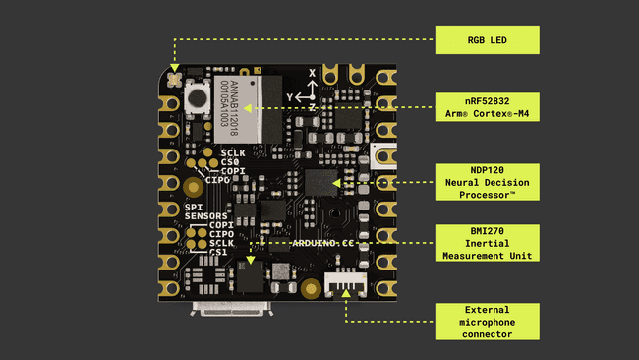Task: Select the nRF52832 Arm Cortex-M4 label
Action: [x=489, y=105]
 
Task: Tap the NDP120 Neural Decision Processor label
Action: [x=489, y=182]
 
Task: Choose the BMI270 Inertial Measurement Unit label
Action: [x=489, y=242]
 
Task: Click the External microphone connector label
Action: [x=489, y=321]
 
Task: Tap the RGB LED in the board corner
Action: [x=175, y=76]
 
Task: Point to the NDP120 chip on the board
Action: [x=320, y=182]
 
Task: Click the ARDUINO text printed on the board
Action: [x=313, y=242]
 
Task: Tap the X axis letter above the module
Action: [x=313, y=73]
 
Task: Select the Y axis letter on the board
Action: [x=290, y=96]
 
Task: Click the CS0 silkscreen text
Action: [x=232, y=162]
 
